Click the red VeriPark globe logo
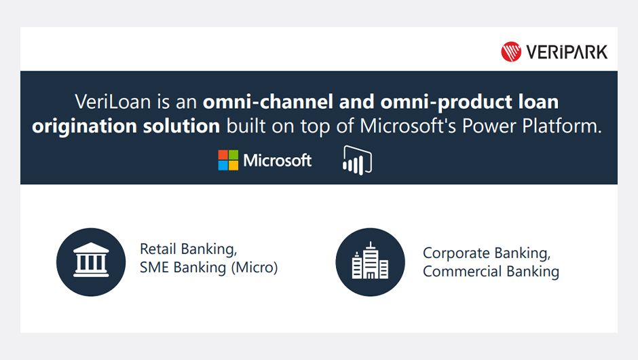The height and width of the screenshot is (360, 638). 511,52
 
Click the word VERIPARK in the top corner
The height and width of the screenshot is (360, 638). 567,52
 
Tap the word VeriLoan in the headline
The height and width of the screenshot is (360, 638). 113,101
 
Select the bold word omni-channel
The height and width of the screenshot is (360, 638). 268,101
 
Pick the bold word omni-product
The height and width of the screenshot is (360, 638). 447,102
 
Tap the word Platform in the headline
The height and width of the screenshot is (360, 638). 561,126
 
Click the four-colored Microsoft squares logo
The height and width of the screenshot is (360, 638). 228,160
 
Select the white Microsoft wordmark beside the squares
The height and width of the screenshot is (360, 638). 278,160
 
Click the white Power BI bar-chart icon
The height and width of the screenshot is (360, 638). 357,160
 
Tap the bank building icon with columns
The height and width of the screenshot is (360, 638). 91,260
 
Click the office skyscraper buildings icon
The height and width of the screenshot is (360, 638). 370,261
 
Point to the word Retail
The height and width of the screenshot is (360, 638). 158,249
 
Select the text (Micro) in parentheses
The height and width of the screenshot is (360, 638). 255,268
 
